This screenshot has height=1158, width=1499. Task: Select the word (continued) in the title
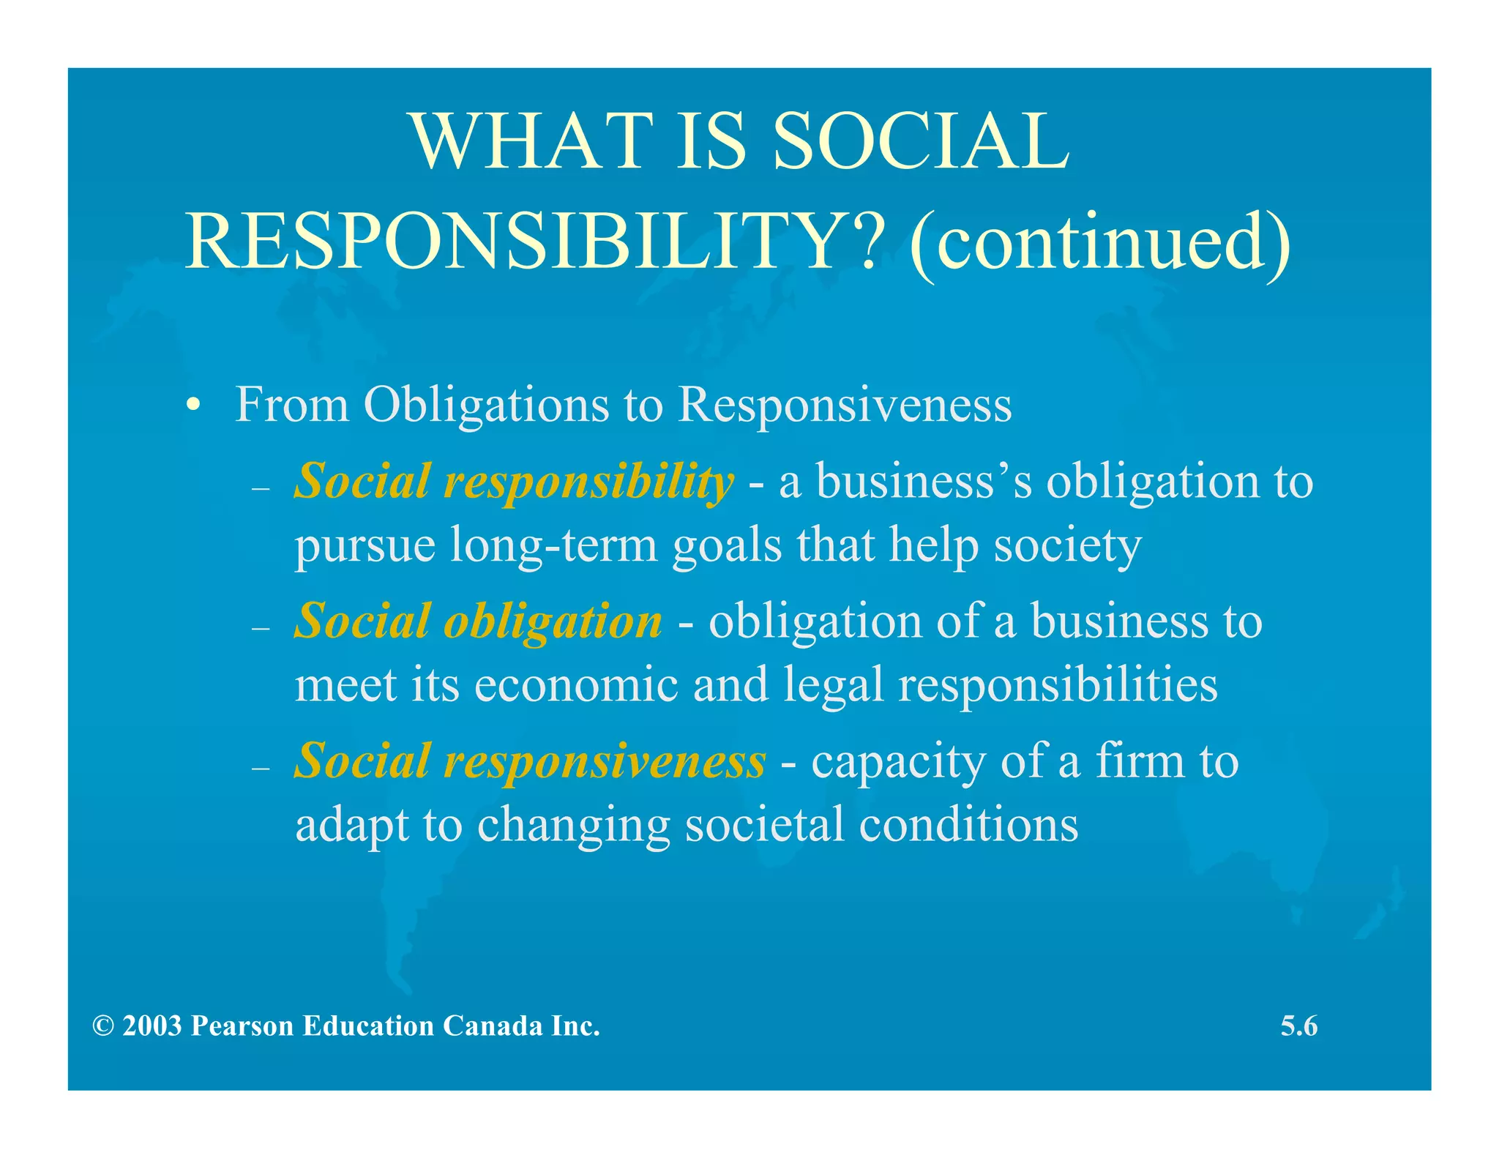coord(1100,242)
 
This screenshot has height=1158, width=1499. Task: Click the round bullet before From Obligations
coord(192,406)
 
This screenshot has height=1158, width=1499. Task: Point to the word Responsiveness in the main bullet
coord(845,405)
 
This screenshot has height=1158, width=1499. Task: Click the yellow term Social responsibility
coord(513,482)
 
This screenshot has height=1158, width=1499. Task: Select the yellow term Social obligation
coord(478,621)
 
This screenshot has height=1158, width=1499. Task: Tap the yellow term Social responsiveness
coord(529,761)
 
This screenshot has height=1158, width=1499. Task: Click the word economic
coord(576,685)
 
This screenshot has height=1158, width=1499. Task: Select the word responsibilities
coord(1058,685)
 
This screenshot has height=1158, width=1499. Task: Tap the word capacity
coord(899,762)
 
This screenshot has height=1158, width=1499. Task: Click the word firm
coord(1139,761)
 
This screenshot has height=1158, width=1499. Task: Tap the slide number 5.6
coord(1298,1026)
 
